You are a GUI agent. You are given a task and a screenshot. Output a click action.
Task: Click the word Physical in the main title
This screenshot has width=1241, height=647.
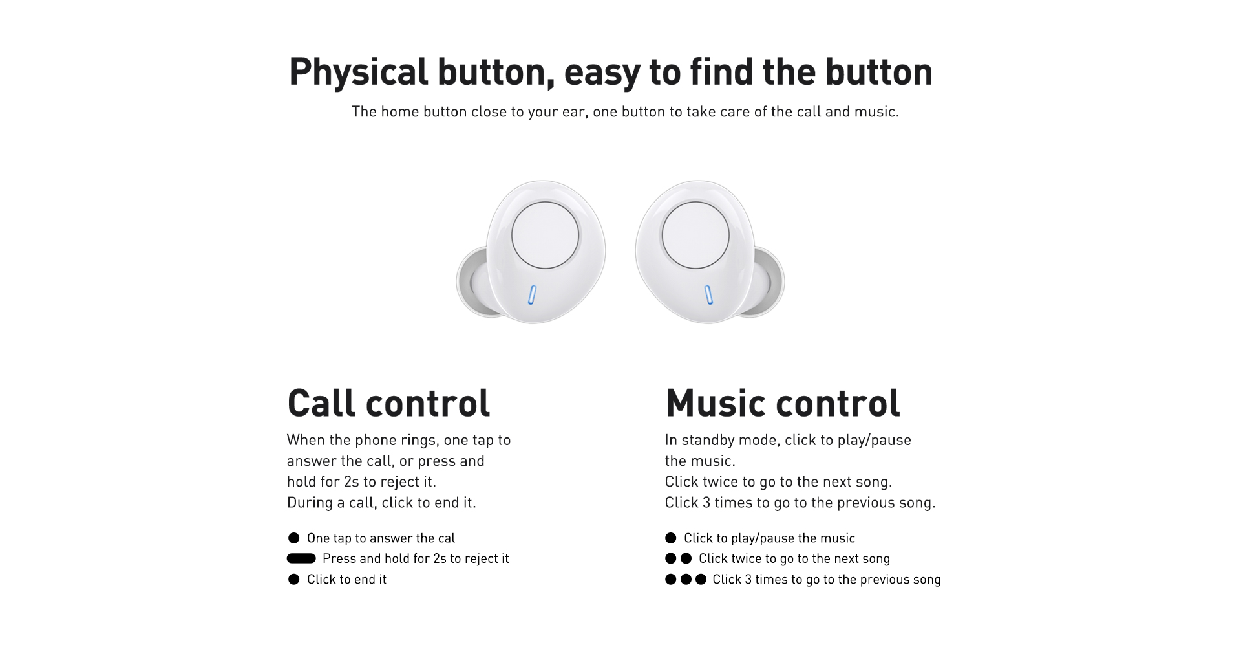tap(358, 72)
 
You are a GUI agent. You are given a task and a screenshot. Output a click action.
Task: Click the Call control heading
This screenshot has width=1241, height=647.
tap(388, 403)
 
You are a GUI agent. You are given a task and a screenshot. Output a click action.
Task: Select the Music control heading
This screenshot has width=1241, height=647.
tap(782, 403)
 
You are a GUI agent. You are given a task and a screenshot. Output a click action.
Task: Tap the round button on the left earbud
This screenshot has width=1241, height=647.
tap(545, 235)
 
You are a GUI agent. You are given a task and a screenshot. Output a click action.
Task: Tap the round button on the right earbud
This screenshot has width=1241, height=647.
tap(695, 235)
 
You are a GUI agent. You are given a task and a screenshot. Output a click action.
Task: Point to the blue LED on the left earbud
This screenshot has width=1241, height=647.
tap(533, 295)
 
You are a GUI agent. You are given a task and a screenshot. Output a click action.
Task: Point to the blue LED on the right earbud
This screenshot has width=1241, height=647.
tap(708, 295)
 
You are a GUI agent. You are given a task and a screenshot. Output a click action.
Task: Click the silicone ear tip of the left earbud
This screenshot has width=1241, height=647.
tap(472, 282)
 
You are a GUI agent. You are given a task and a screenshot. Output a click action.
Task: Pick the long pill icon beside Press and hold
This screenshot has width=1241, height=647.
tap(301, 558)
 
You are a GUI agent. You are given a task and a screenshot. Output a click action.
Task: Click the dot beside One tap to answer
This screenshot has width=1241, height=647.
tap(294, 538)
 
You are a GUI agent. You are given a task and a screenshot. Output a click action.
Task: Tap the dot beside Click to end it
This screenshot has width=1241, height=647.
tap(294, 579)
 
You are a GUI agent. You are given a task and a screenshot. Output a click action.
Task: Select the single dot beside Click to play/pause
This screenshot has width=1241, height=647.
tap(671, 538)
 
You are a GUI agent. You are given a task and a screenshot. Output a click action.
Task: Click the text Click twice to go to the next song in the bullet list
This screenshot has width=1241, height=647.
tap(794, 558)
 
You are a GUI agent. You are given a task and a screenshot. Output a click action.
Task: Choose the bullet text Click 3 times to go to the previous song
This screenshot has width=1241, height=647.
tap(827, 579)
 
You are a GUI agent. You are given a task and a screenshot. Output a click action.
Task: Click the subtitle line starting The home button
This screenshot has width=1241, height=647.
tap(625, 112)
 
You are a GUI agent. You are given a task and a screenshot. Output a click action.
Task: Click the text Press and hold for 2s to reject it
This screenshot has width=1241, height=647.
tap(416, 558)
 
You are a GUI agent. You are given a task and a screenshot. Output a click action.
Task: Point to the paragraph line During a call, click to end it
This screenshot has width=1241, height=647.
tap(381, 503)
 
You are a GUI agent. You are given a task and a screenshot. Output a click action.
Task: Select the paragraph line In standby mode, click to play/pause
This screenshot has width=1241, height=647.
tap(788, 441)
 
